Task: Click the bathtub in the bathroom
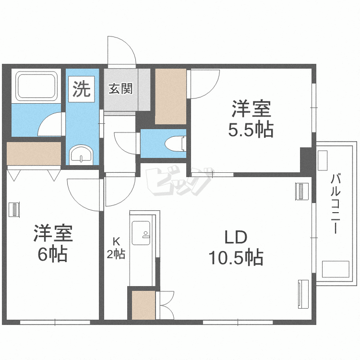coord(36,86)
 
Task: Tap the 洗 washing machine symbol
coord(81,89)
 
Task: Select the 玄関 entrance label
coord(120,89)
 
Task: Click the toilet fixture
coord(175,144)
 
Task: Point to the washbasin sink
coord(81,155)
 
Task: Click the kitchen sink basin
coord(141,233)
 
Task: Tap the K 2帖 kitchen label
coord(116,248)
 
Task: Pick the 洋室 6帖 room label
coord(53,243)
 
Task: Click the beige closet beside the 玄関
coord(170,96)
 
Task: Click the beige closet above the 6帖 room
coord(34,154)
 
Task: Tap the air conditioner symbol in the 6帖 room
coord(14,209)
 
